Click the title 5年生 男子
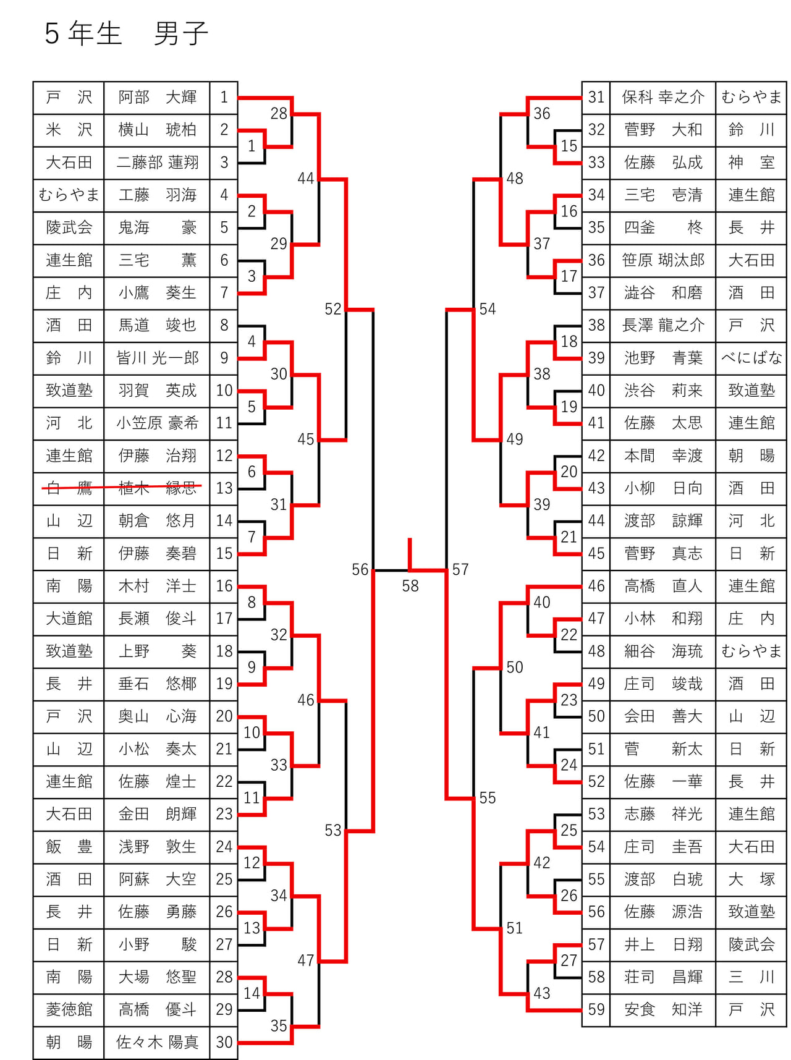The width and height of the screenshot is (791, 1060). pyautogui.click(x=126, y=33)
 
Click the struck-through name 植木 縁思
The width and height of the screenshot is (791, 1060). pyautogui.click(x=157, y=488)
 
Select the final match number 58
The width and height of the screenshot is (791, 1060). pyautogui.click(x=410, y=585)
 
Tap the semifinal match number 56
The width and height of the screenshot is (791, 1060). pyautogui.click(x=360, y=569)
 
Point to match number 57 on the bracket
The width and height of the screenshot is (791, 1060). pyautogui.click(x=460, y=569)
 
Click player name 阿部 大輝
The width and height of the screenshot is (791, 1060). pyautogui.click(x=157, y=97)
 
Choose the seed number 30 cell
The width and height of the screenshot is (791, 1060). pyautogui.click(x=224, y=1042)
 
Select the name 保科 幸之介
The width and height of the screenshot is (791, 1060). pyautogui.click(x=663, y=97)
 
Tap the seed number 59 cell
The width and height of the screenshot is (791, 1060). pyautogui.click(x=596, y=1009)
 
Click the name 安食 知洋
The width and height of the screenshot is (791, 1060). pyautogui.click(x=663, y=1009)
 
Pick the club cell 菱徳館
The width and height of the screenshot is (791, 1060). pyautogui.click(x=69, y=1009)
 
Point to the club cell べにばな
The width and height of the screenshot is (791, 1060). pyautogui.click(x=751, y=358)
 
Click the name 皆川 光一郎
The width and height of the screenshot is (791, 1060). pyautogui.click(x=157, y=358)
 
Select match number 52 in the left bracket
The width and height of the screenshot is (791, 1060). pyautogui.click(x=333, y=308)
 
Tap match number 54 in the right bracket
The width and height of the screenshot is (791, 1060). pyautogui.click(x=488, y=308)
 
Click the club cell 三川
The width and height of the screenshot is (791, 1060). pyautogui.click(x=751, y=977)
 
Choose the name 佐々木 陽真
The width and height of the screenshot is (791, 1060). pyautogui.click(x=157, y=1042)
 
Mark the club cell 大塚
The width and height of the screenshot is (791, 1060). pyautogui.click(x=751, y=879)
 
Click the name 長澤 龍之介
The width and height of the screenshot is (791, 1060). pyautogui.click(x=663, y=325)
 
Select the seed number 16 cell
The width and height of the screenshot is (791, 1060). pyautogui.click(x=224, y=586)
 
